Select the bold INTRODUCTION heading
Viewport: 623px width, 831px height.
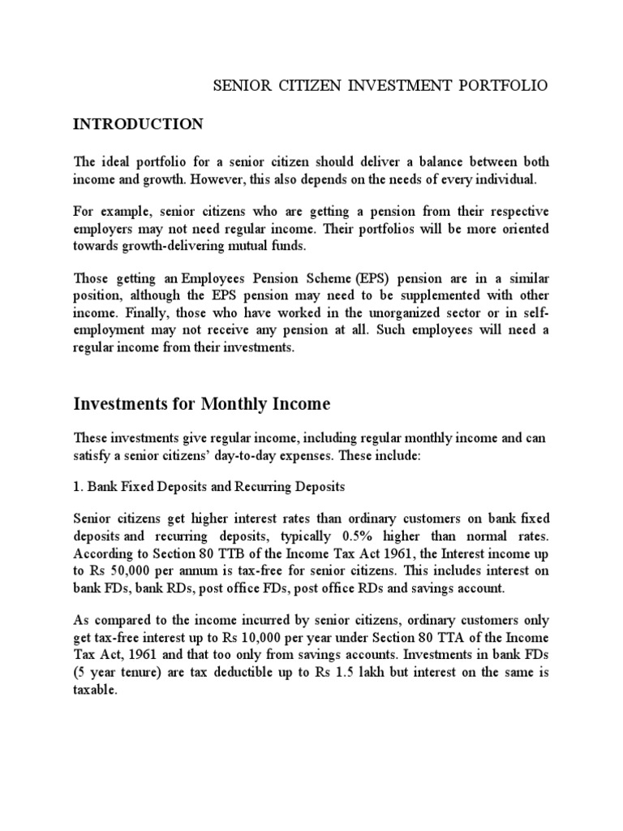pos(138,124)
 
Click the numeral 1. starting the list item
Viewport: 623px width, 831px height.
pos(78,487)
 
